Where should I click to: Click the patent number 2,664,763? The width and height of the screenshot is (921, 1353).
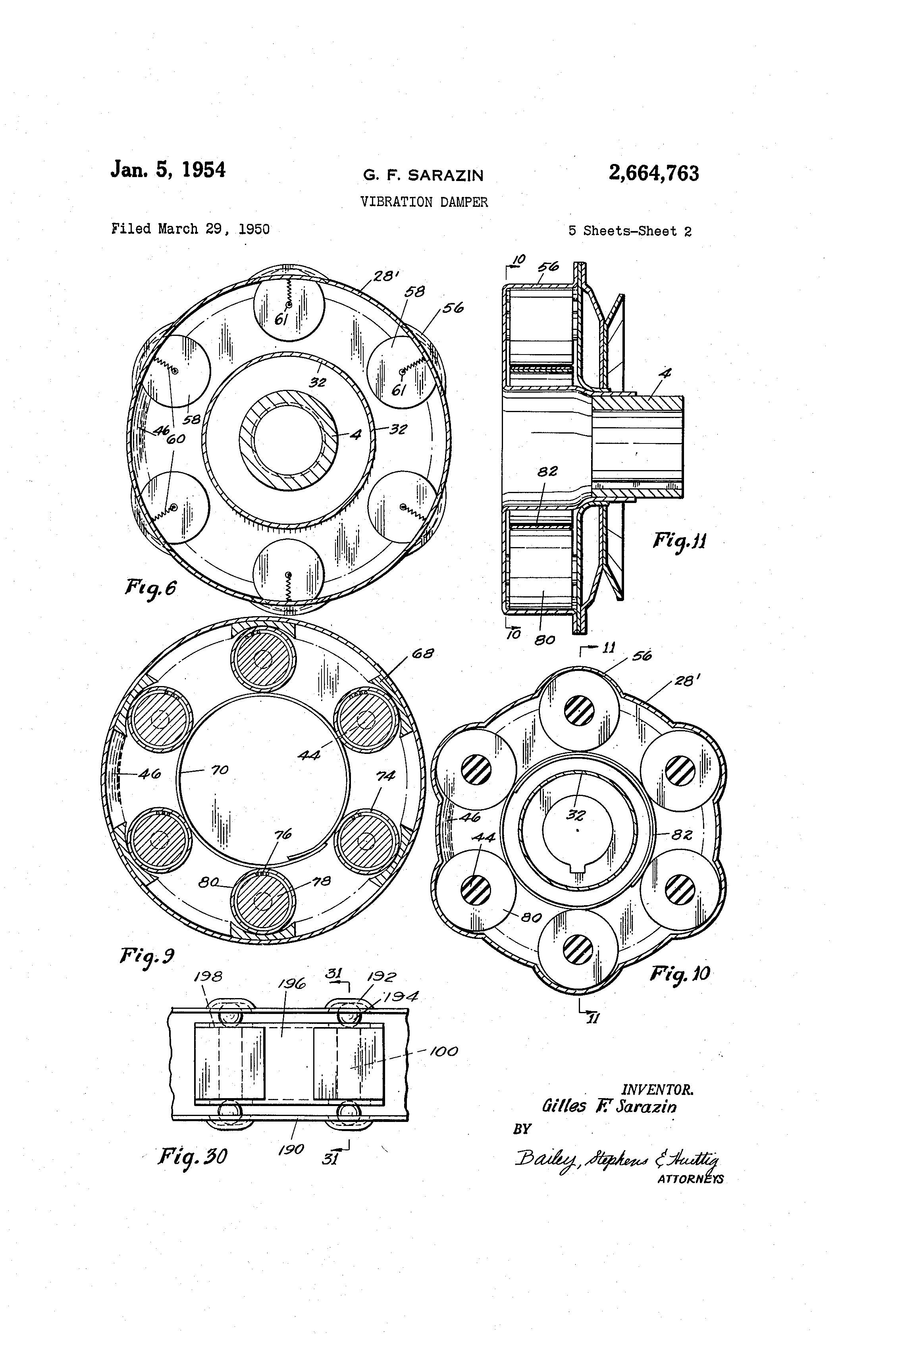(653, 173)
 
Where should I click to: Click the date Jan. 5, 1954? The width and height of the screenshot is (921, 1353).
(168, 170)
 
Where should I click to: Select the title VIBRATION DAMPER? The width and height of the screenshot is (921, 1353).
(424, 202)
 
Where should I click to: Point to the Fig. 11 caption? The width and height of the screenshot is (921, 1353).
(679, 541)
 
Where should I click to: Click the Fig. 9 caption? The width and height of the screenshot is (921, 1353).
(147, 956)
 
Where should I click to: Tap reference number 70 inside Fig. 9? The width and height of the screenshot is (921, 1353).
(220, 770)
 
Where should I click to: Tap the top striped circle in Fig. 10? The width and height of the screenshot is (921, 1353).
(579, 711)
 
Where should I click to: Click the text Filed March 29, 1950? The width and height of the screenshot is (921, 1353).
(191, 229)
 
